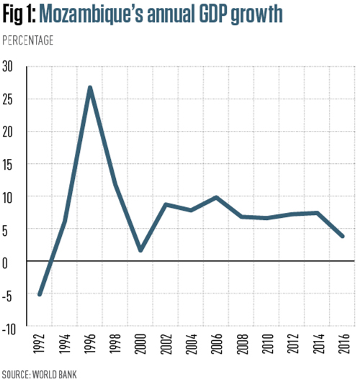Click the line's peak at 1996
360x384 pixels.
pyautogui.click(x=89, y=88)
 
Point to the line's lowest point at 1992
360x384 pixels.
pyautogui.click(x=40, y=294)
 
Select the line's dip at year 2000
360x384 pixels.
pyautogui.click(x=140, y=250)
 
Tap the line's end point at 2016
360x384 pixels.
pyautogui.click(x=343, y=236)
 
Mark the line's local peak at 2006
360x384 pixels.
pyautogui.click(x=216, y=197)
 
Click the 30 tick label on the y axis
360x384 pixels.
pyautogui.click(x=9, y=66)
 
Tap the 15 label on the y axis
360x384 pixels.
pyautogui.click(x=9, y=165)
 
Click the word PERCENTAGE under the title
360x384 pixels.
pyautogui.click(x=29, y=40)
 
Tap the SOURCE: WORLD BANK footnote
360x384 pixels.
pyautogui.click(x=39, y=375)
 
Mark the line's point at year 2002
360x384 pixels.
pyautogui.click(x=166, y=205)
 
